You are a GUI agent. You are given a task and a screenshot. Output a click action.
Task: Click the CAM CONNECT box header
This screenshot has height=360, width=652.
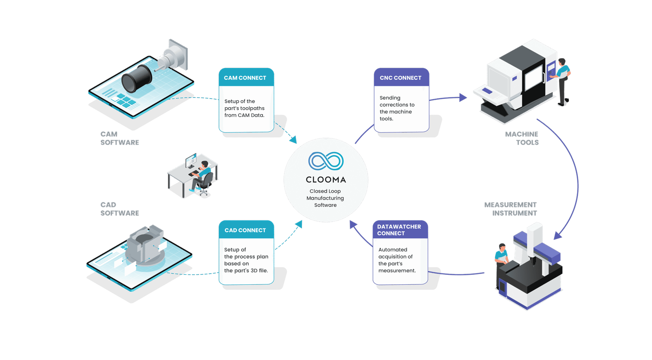245,78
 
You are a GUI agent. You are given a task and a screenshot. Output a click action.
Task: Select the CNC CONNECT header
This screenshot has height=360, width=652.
401,78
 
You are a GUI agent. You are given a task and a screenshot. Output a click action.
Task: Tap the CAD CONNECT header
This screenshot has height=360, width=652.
245,230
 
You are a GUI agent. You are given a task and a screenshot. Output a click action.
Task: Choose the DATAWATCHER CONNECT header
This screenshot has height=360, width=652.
399,230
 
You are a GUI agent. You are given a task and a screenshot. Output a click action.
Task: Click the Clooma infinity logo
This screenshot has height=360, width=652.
326,161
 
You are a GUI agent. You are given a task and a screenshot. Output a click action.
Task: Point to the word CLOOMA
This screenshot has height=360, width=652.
326,180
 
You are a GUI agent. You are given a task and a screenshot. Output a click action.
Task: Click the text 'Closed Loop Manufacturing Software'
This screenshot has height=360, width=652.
325,198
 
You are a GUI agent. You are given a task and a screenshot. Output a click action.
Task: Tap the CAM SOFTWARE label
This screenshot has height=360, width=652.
119,138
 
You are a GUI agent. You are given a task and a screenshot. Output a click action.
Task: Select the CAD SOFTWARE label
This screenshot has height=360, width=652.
119,209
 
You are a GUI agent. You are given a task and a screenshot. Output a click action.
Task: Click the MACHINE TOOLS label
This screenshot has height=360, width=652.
522,138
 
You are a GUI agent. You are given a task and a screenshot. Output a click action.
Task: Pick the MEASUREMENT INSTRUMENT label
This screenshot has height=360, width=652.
511,209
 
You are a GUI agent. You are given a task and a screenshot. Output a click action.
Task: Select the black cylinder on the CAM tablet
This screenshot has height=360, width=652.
137,78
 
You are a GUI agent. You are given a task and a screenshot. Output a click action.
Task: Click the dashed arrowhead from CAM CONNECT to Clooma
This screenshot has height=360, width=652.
293,140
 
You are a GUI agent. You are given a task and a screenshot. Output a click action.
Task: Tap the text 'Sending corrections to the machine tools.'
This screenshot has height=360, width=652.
396,108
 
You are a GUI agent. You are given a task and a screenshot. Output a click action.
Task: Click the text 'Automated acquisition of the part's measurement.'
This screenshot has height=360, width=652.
396,260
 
